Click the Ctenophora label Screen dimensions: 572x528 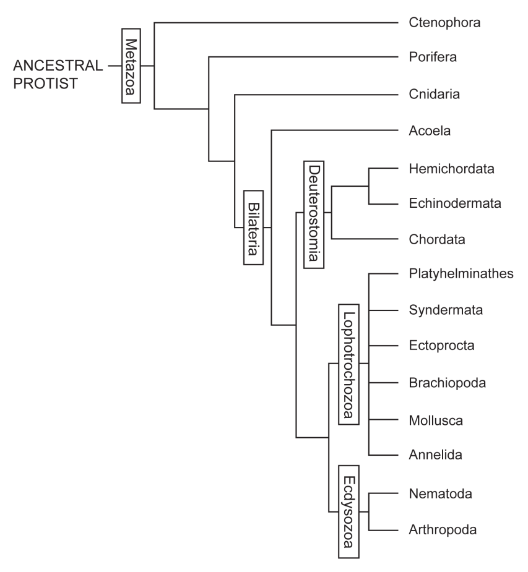[444, 23]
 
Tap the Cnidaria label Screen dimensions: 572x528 [436, 95]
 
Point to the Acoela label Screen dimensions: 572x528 [430, 131]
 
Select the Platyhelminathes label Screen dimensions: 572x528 [462, 274]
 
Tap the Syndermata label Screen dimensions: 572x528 [446, 309]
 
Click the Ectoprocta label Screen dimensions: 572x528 [441, 346]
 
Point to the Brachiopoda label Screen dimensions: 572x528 [448, 383]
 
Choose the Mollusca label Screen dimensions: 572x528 [436, 420]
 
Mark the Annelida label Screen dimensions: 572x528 [435, 456]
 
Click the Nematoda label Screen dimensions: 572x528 [440, 494]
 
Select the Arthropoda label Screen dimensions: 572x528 [443, 530]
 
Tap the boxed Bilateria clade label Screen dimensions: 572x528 [253, 227]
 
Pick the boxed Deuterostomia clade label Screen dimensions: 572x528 [314, 213]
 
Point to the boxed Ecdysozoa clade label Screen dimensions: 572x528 [350, 513]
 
